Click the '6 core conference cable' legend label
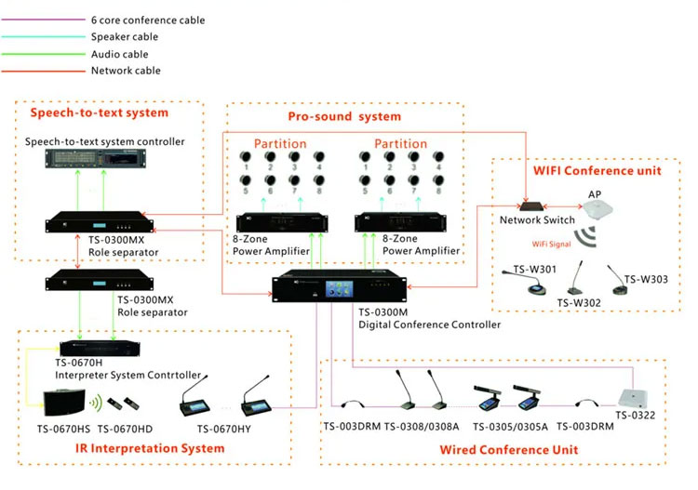(x=148, y=20)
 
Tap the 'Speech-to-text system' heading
(x=100, y=113)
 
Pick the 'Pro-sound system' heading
(x=344, y=116)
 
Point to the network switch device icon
(x=537, y=204)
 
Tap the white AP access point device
(x=596, y=215)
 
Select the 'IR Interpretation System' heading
(x=153, y=448)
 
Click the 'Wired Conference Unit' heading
(x=510, y=450)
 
